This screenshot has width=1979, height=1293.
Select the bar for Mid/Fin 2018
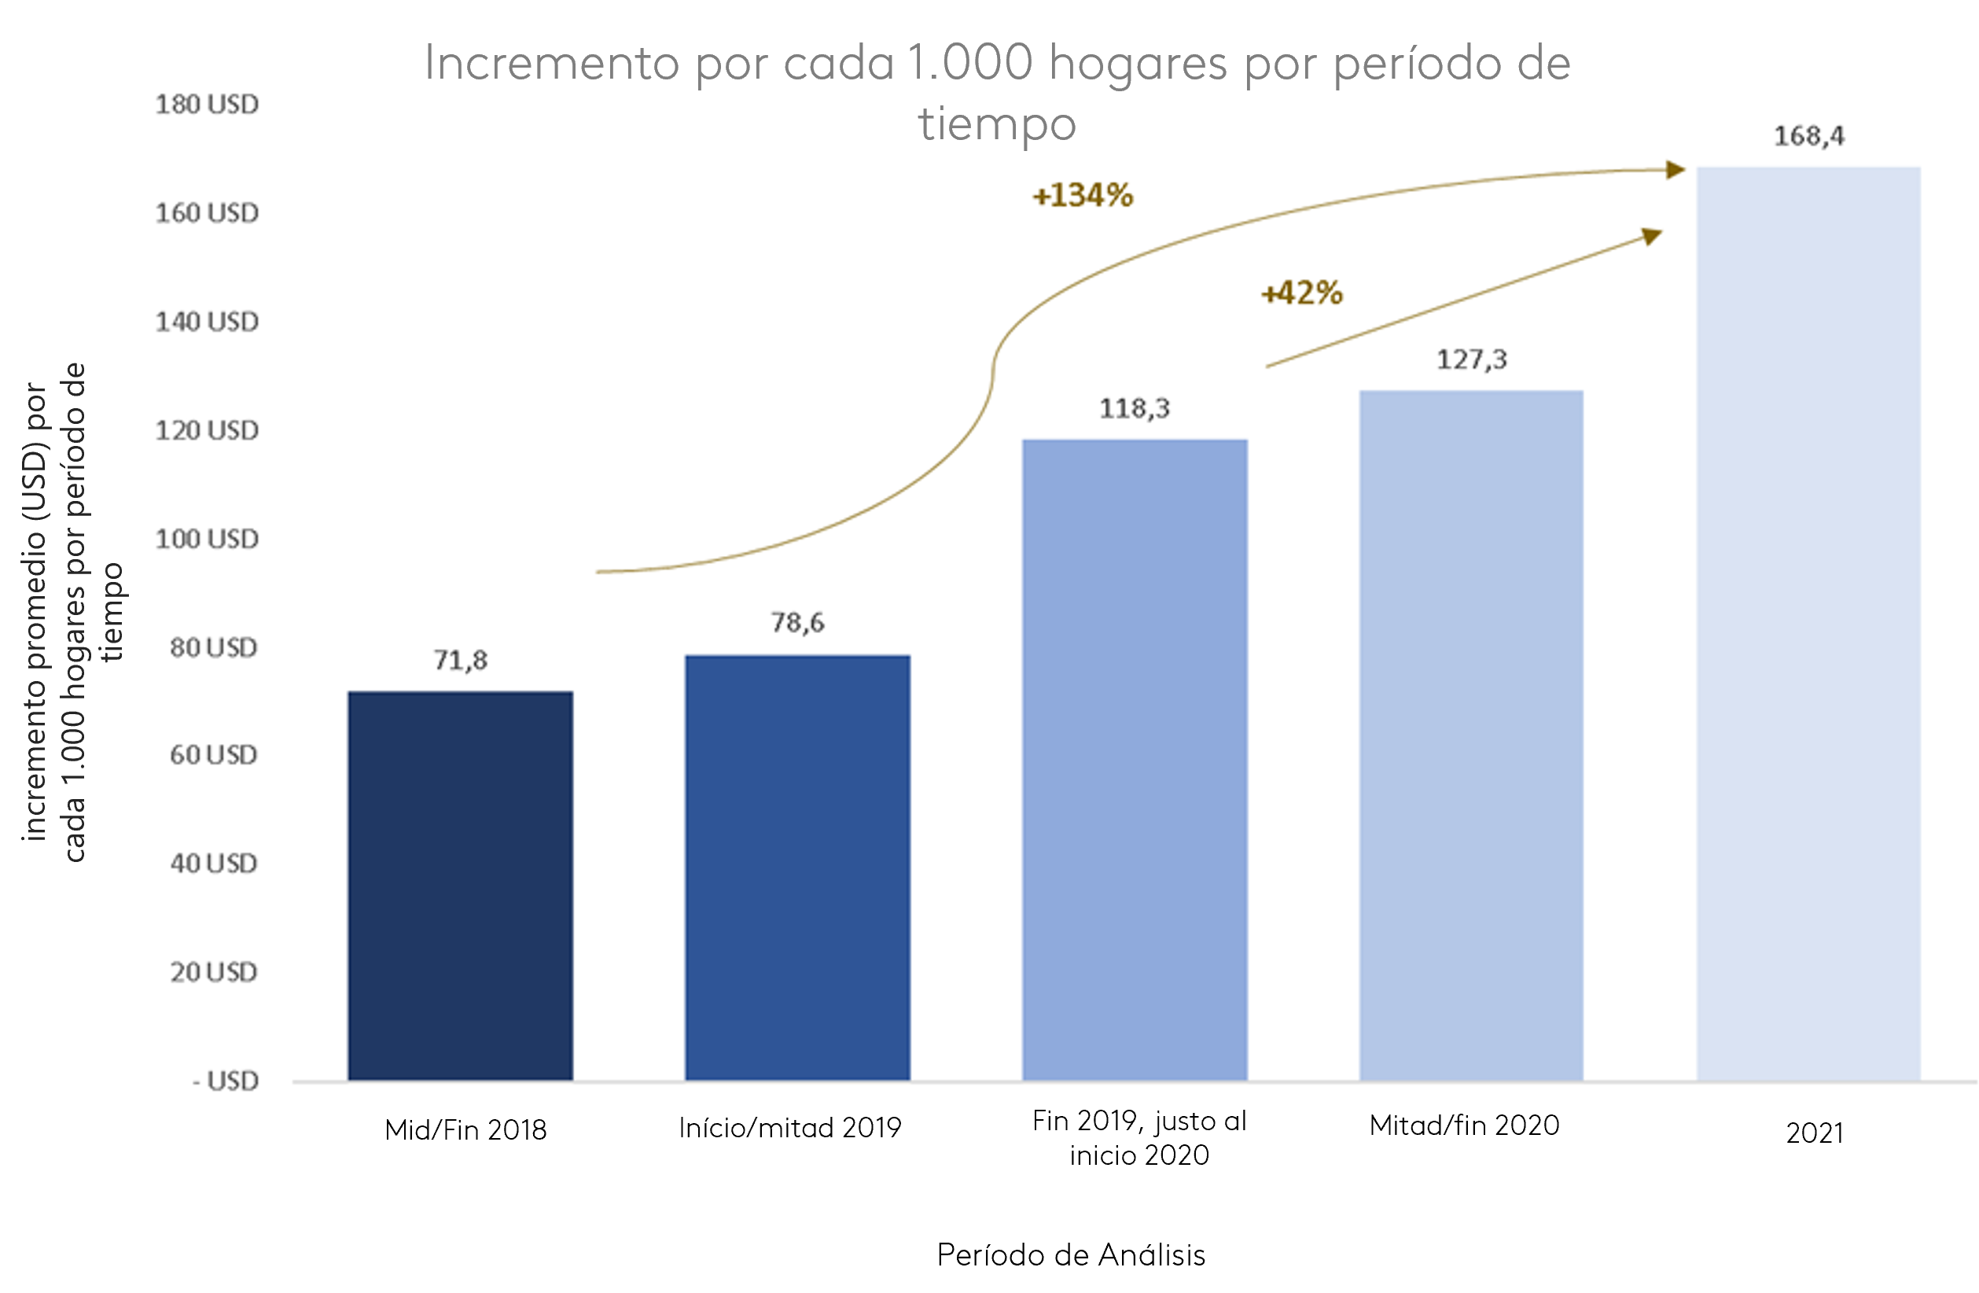pos(460,886)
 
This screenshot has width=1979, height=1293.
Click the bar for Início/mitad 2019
pos(796,868)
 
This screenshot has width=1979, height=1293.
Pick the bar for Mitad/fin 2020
pos(1470,736)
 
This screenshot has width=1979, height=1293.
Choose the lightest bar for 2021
pos(1808,624)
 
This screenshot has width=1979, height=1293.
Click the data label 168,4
pos(1808,136)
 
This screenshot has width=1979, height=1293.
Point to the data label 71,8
pos(460,660)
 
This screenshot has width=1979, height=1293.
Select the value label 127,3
pos(1471,360)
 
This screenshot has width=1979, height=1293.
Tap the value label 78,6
pos(796,623)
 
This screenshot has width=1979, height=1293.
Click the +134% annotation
pos(1082,195)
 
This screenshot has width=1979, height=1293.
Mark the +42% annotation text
pos(1301,293)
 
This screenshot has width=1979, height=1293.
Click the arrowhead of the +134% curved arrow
pos(1676,170)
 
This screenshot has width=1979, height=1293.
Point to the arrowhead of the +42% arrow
pos(1652,236)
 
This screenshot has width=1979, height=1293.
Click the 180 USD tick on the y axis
pos(207,105)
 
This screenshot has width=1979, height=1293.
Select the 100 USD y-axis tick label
pos(207,539)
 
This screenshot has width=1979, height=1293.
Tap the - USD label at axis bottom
pos(226,1081)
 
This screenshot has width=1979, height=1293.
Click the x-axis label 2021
pos(1815,1133)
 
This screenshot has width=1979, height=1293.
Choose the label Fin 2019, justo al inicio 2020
pos(1138,1137)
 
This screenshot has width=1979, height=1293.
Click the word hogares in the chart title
pos(1137,64)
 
